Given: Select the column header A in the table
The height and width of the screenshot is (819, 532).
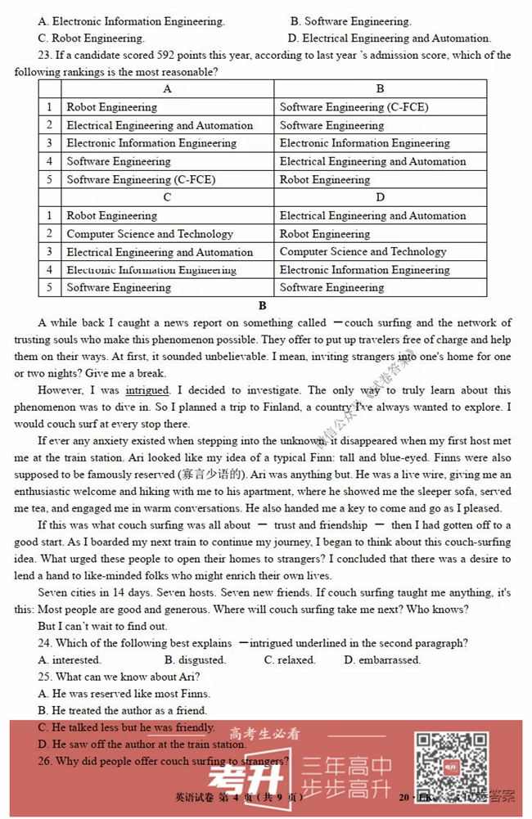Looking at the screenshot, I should [x=167, y=89].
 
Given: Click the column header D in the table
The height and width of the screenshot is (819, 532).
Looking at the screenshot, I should [x=380, y=197].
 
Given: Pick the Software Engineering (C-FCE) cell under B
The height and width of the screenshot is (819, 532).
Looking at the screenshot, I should [x=354, y=107].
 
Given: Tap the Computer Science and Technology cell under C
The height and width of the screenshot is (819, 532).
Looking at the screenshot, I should [x=150, y=234].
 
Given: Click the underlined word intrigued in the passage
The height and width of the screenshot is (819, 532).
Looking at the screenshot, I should [x=147, y=391].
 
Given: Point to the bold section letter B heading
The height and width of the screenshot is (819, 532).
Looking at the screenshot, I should [x=263, y=306].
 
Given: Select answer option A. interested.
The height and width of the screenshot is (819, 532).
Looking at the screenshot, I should [x=70, y=659].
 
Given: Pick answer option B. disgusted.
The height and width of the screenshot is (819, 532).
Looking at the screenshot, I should [x=195, y=659].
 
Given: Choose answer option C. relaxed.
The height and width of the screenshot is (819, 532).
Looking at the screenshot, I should [x=290, y=659].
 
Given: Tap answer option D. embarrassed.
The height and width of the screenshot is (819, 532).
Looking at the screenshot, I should [x=382, y=659].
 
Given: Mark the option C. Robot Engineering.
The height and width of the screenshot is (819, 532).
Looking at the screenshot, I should [x=91, y=38].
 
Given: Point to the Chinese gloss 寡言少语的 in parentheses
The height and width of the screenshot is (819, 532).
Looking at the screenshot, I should [x=212, y=475].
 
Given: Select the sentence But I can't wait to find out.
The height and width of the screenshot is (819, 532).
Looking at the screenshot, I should [x=102, y=626].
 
